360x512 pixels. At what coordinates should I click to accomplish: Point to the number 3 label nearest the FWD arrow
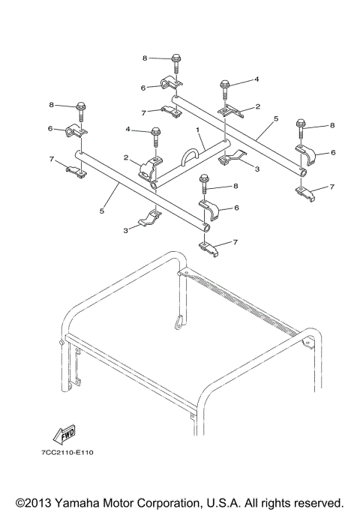[124, 229]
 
